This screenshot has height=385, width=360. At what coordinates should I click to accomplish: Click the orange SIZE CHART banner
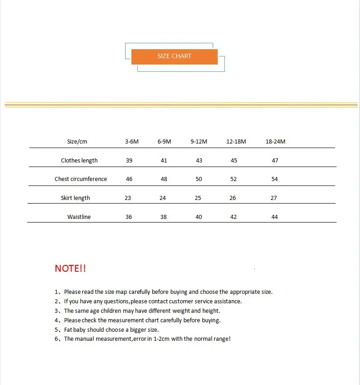coord(174,56)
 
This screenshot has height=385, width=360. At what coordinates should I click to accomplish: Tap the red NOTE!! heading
coord(70,269)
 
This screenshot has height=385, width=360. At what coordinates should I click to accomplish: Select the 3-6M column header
coord(132,142)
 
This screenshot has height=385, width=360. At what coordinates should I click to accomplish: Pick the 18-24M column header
coord(276,142)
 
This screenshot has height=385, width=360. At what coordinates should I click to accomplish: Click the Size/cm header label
coord(77,142)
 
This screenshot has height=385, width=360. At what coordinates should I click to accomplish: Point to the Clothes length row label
coord(79,161)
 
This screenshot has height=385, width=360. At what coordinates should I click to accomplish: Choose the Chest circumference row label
coord(81,179)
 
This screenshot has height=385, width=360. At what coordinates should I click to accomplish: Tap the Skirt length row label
coord(75,198)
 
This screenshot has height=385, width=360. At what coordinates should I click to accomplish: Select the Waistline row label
coord(79,217)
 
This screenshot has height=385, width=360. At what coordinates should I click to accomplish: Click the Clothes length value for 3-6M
coord(129,161)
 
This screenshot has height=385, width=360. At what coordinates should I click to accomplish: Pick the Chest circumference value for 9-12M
coord(199,179)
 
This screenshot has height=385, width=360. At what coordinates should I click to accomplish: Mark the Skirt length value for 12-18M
coord(233,198)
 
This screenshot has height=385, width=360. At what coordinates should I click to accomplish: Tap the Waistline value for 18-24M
coord(275,217)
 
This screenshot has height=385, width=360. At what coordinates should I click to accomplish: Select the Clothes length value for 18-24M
coord(275,161)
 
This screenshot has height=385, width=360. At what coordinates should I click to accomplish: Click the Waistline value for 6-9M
coord(164,217)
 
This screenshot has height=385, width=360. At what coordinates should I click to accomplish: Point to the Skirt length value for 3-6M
coord(128,198)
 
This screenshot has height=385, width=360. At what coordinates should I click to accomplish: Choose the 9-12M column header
coord(199,142)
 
